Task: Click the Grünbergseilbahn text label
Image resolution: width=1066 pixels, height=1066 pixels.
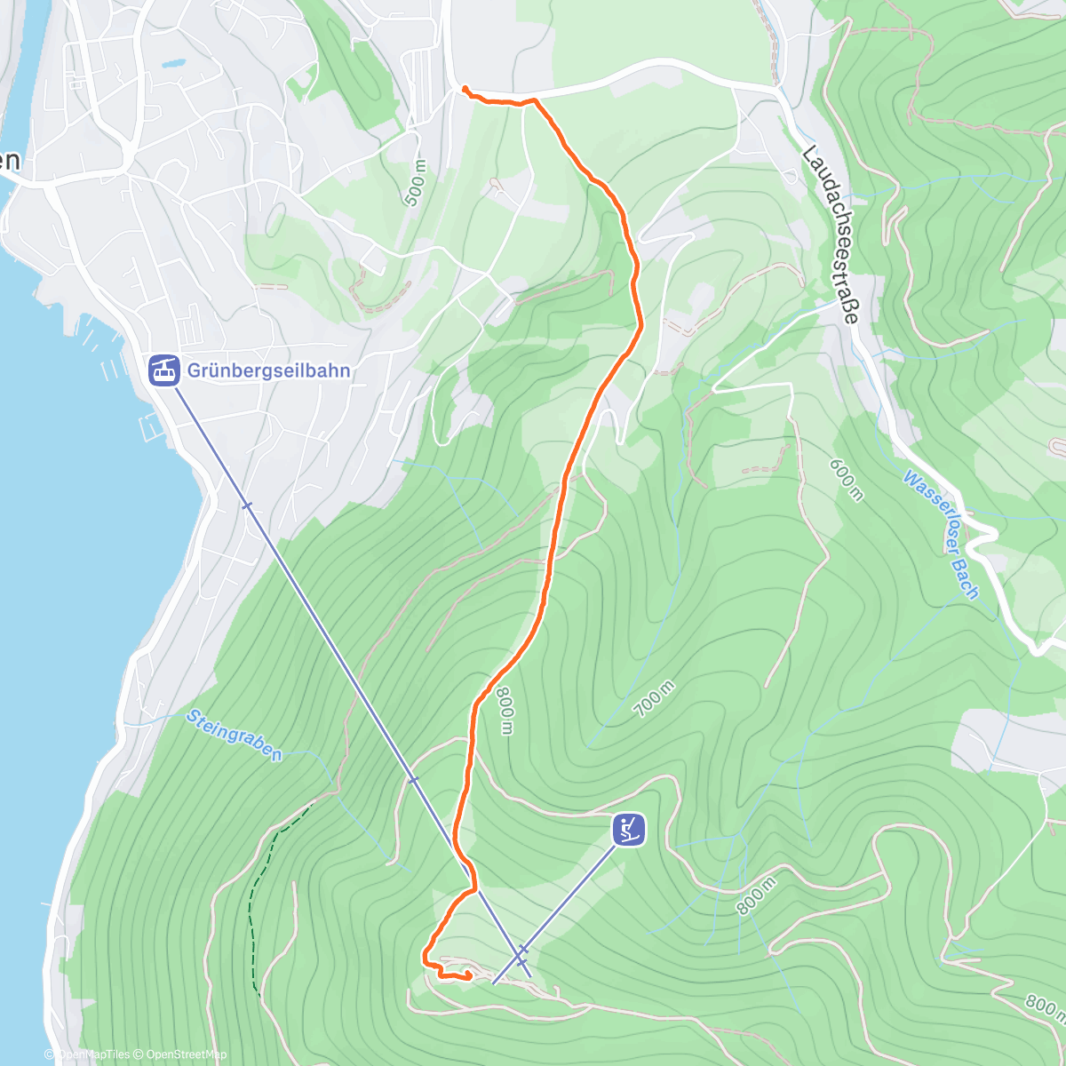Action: pyautogui.click(x=268, y=370)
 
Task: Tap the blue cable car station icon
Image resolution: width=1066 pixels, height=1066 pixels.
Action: pyautogui.click(x=163, y=370)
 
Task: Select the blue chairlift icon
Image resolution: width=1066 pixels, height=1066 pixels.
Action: pyautogui.click(x=629, y=829)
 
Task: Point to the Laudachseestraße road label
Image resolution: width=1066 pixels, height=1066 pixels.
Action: pyautogui.click(x=831, y=235)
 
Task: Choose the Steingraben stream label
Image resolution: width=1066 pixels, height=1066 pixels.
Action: pyautogui.click(x=235, y=735)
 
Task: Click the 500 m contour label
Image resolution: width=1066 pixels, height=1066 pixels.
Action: pyautogui.click(x=415, y=183)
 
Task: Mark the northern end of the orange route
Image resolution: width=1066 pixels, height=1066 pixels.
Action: pyautogui.click(x=465, y=87)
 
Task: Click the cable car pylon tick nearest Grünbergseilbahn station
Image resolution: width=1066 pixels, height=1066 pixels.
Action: pyautogui.click(x=247, y=505)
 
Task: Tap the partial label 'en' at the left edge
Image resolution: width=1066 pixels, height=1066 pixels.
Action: pyautogui.click(x=10, y=161)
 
